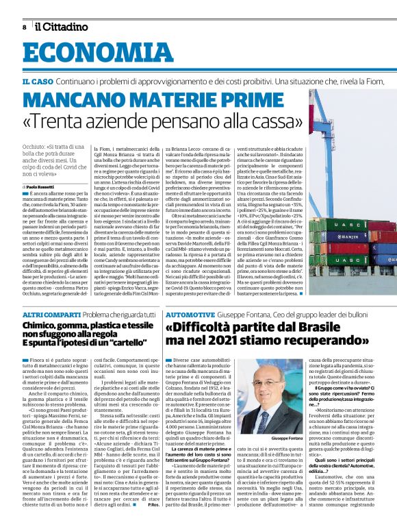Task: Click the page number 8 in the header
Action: [24, 27]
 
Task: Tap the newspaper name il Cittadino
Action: [62, 27]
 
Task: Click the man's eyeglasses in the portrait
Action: [274, 380]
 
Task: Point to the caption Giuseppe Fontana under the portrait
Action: [274, 418]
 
